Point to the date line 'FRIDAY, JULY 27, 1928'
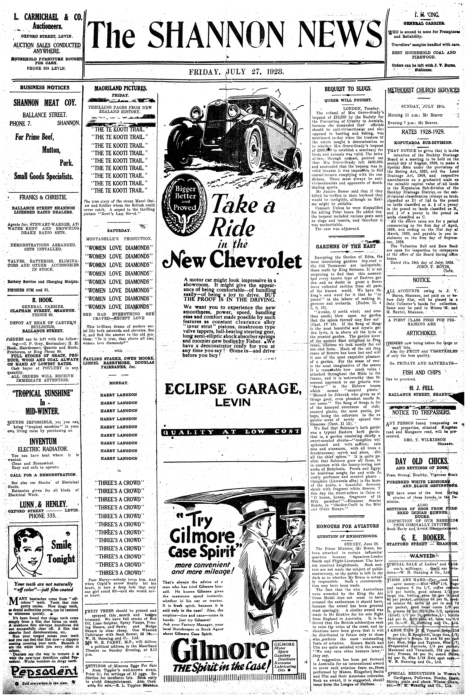[236, 72]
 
